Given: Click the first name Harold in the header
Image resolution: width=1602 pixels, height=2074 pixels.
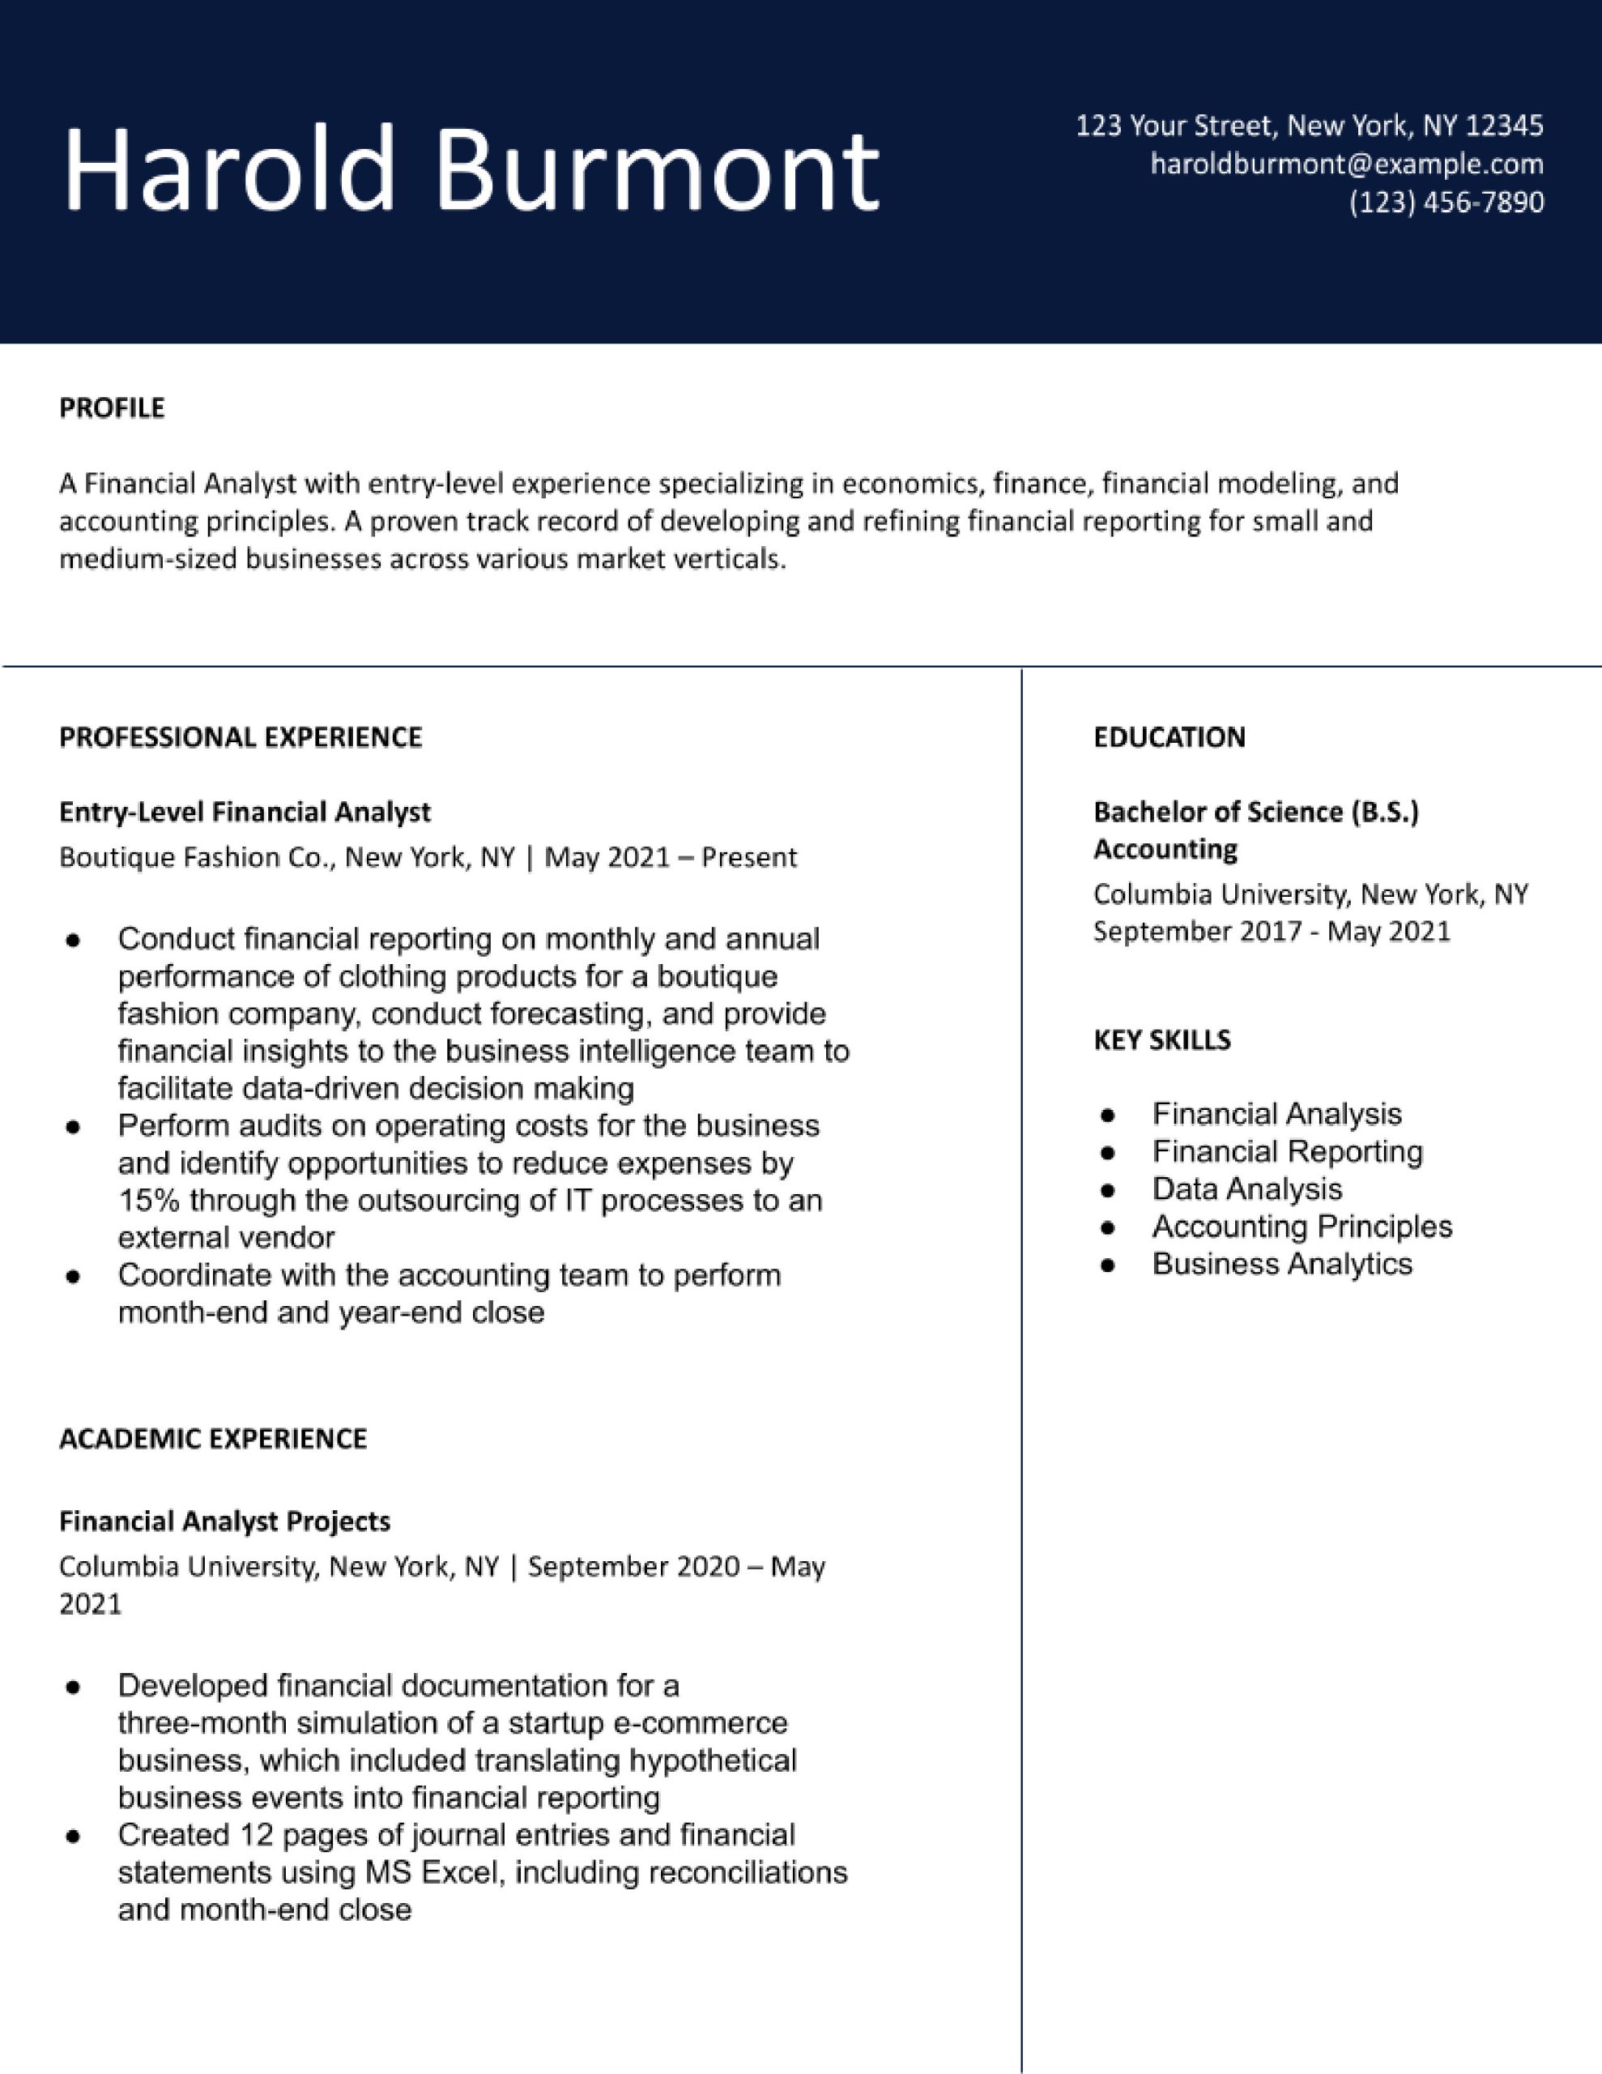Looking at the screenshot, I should (x=228, y=169).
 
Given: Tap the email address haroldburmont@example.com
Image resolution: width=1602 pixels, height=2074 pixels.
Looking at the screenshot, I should (x=1347, y=164).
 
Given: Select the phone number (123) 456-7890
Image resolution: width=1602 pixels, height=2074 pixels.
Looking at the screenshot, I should (x=1446, y=203).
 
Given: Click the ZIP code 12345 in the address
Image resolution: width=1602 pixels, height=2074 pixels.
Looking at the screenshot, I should (x=1504, y=126).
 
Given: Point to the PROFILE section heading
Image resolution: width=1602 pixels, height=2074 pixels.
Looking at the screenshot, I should (x=111, y=408).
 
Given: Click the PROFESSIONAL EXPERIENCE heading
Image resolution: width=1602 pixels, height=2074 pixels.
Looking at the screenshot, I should (x=241, y=737).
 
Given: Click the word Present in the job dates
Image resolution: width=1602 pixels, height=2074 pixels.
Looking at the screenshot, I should (x=749, y=857).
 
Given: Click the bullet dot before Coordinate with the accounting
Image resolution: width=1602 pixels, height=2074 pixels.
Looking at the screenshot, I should (x=72, y=1276).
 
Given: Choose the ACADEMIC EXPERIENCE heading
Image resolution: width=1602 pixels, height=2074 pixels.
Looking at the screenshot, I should (x=213, y=1439).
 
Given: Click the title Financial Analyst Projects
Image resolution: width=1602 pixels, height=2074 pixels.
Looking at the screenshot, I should (x=224, y=1521).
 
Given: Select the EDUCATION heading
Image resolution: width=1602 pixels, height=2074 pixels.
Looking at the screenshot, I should (x=1169, y=737).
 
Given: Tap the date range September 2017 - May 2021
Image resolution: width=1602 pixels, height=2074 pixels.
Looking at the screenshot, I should (x=1272, y=931).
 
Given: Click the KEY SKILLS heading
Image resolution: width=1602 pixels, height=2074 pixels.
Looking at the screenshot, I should (x=1161, y=1040).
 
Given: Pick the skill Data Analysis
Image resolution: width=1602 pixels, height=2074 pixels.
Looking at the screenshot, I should (x=1246, y=1189).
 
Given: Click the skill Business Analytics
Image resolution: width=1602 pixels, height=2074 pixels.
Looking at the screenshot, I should (x=1281, y=1264).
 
